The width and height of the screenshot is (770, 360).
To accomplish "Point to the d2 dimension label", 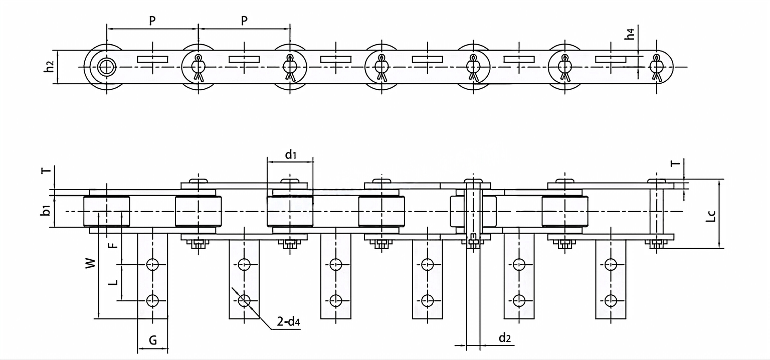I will [x=505, y=337].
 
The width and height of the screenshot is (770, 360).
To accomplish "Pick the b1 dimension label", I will [x=46, y=211].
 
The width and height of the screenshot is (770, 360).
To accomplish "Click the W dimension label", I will [x=90, y=263].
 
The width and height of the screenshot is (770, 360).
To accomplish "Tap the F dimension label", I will [x=113, y=245].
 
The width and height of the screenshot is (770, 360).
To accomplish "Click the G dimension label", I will [x=153, y=340].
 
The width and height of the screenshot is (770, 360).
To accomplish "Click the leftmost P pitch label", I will [x=152, y=21].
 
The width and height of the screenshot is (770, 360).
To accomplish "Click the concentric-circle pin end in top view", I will [x=106, y=67].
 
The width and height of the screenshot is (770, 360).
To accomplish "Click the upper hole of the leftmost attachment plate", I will [x=152, y=264].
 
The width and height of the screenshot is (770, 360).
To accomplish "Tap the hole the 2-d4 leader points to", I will [x=244, y=300].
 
